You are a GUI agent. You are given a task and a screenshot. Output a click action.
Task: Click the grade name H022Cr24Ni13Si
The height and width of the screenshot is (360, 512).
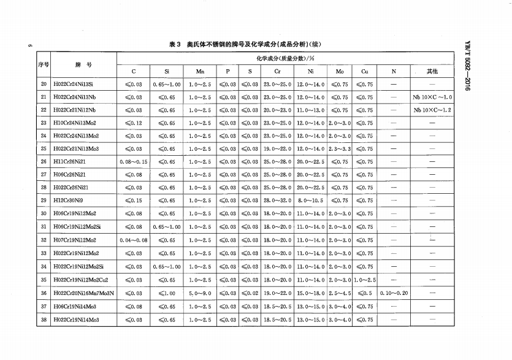(77, 84)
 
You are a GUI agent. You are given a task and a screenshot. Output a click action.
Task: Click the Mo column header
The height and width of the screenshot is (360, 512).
(340, 71)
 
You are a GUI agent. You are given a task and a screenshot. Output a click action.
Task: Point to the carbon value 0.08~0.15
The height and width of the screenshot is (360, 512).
(134, 162)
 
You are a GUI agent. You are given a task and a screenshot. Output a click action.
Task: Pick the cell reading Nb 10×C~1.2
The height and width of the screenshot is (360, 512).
(433, 110)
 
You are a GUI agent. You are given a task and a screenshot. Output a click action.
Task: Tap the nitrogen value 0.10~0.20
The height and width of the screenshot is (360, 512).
(394, 293)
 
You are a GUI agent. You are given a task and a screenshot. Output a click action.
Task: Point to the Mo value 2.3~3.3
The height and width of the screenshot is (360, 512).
(340, 149)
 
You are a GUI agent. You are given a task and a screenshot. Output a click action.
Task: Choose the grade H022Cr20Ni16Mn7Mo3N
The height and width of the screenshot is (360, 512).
(84, 293)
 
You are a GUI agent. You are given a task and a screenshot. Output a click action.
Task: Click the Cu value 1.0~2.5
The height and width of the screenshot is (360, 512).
(365, 280)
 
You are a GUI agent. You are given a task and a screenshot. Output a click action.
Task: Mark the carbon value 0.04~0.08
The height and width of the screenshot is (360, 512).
(134, 240)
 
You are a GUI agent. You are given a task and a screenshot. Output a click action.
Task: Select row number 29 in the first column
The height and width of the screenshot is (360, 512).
(44, 201)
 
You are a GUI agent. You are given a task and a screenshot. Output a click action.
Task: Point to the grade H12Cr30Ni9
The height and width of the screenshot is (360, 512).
(71, 201)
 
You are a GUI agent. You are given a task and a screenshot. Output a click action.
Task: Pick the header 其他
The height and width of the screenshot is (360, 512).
(433, 71)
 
